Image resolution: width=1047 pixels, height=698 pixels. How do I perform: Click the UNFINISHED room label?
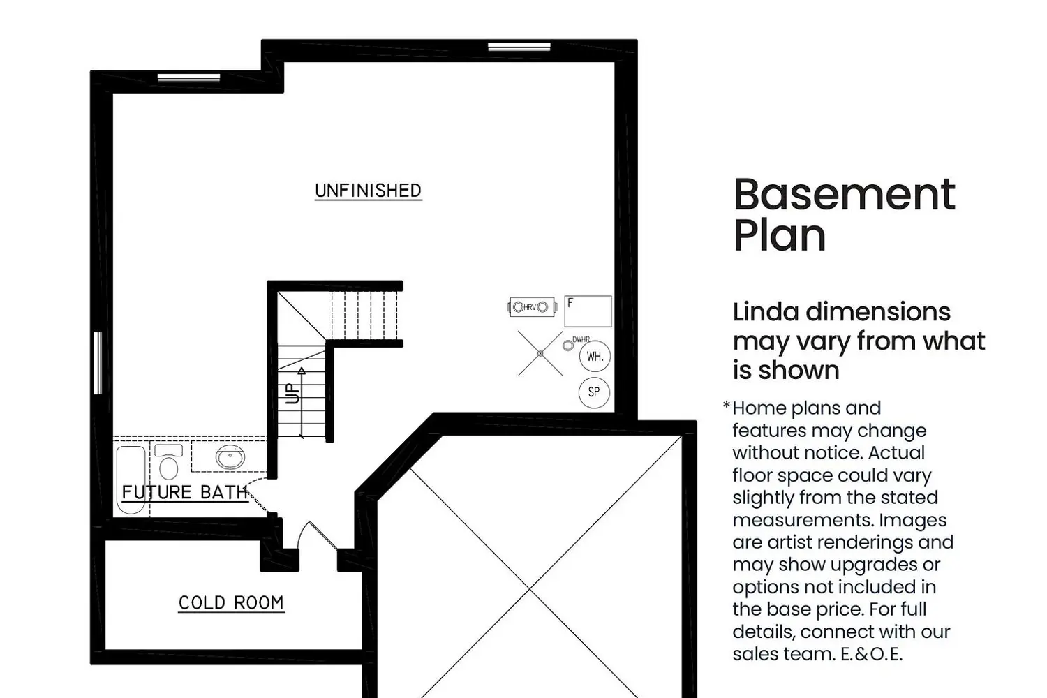[x=369, y=191]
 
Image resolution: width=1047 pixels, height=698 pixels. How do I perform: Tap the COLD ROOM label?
[x=231, y=603]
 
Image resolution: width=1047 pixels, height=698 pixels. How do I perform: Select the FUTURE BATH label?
[x=185, y=492]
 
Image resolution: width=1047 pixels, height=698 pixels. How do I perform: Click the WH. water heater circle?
[x=595, y=356]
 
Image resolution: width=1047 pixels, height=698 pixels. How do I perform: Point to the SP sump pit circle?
[x=594, y=392]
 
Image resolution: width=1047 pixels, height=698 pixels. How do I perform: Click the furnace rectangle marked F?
[x=588, y=311]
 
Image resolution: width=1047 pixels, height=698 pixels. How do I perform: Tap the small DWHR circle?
[x=568, y=346]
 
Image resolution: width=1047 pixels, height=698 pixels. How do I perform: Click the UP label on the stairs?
[x=292, y=394]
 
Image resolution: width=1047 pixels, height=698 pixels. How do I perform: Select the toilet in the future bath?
[x=169, y=461]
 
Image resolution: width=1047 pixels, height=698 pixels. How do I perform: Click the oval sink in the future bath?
[x=230, y=456]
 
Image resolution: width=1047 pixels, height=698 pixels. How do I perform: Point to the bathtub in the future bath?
[x=131, y=480]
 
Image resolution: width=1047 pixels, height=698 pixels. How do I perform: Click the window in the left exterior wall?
[x=98, y=363]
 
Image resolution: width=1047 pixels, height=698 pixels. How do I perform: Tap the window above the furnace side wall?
[x=519, y=47]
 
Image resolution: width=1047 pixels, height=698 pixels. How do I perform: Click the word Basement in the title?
[x=844, y=195]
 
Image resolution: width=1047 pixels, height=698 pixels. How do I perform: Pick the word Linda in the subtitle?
[x=766, y=312]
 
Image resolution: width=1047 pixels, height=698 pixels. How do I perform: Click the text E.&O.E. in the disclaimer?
[x=871, y=654]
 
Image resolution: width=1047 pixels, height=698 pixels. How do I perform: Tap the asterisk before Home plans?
[x=727, y=405]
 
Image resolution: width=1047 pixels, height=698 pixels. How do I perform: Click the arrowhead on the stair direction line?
[x=302, y=371]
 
